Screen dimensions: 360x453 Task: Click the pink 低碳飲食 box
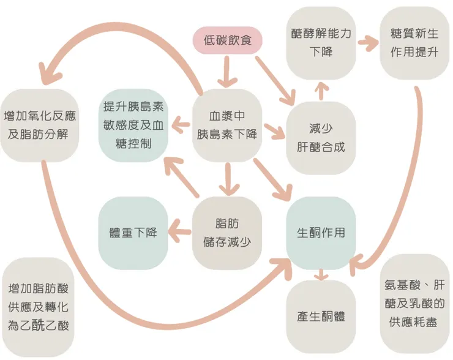pos(227,41)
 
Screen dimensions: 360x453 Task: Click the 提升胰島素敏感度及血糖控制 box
pos(133,125)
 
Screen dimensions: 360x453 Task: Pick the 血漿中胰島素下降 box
pos(227,125)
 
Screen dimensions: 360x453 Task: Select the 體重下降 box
pos(133,233)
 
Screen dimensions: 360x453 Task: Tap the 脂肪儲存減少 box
pos(227,233)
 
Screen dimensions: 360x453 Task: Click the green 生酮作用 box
pos(321,233)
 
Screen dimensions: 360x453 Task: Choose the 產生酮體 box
pos(321,317)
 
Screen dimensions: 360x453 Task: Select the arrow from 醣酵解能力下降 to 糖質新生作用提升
pos(369,43)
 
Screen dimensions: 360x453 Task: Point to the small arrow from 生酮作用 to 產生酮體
pos(320,276)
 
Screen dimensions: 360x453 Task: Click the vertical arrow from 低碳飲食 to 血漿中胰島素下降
pos(227,72)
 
